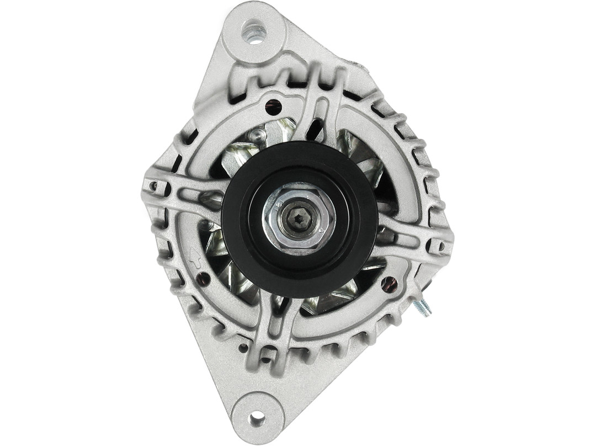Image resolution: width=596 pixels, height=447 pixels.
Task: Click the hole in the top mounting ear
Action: [x=254, y=32]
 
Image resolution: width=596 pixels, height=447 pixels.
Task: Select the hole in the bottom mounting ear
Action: [x=257, y=418]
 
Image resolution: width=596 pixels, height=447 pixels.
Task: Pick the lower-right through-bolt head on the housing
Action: [x=389, y=284]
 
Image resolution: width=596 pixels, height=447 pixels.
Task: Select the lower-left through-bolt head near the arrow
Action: [x=203, y=278]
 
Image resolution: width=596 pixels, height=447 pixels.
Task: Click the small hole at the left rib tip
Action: [x=153, y=186]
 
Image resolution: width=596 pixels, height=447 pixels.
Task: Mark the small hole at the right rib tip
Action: [x=441, y=246]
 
